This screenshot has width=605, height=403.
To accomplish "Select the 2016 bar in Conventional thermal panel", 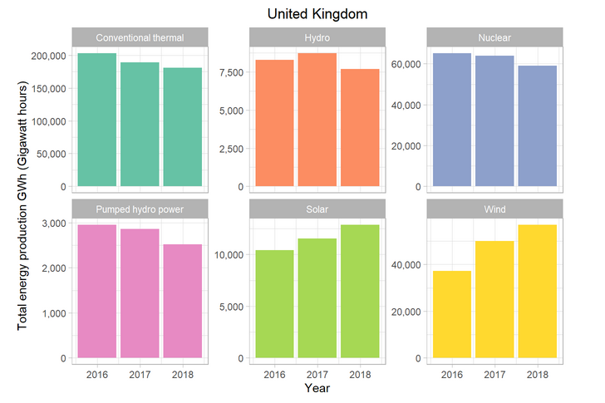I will (96, 120).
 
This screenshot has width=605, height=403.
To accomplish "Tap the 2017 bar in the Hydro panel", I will (317, 120).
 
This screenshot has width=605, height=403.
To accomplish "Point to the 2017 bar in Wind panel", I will (494, 299).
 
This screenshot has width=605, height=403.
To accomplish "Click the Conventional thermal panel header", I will (140, 37).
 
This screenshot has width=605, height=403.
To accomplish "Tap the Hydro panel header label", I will (317, 37).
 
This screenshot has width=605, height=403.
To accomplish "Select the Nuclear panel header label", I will (494, 37).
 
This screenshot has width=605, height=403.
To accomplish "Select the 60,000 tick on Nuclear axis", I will (403, 64).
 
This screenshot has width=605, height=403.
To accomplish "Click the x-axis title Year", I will (317, 388).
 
